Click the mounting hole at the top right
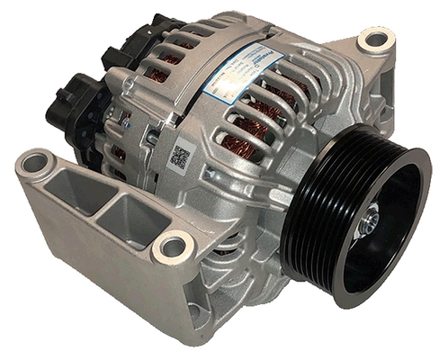click(374, 40)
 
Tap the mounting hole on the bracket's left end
click(35, 163)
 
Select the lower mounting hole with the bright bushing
click(172, 246)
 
